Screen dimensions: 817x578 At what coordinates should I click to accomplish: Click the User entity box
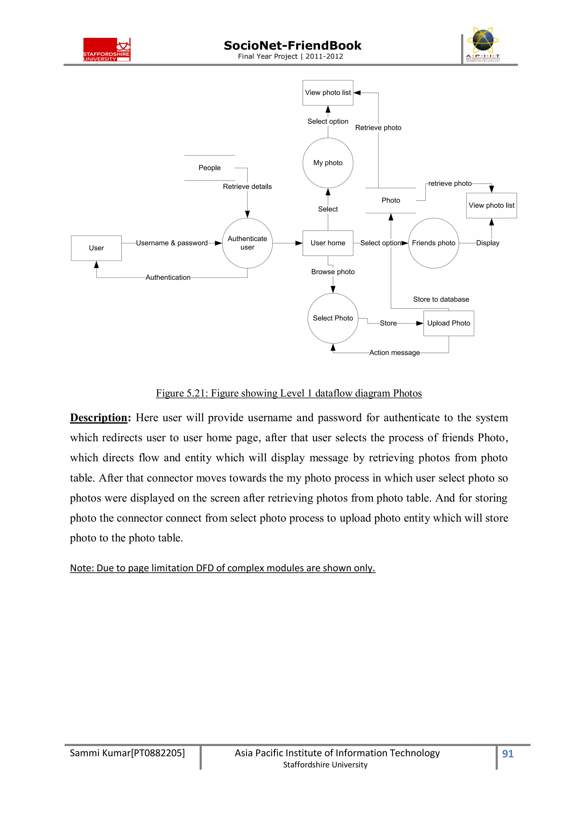96,248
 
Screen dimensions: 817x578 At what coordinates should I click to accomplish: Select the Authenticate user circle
247,243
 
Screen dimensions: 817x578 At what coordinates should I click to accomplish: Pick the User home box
328,243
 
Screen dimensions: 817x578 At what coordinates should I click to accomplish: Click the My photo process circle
328,163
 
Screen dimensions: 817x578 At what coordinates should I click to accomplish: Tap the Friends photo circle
433,243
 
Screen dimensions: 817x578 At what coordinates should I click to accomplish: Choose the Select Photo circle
333,318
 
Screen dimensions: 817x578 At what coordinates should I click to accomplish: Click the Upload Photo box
448,323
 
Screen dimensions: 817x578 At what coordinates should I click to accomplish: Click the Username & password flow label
172,243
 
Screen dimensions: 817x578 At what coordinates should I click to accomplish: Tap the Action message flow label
394,353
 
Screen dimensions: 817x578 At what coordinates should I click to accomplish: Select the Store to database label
441,299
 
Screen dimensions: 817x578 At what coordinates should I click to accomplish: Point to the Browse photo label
333,272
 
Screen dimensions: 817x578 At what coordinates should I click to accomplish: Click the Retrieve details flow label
247,186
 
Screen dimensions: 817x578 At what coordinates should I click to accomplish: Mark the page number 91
507,754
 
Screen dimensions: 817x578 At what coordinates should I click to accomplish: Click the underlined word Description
99,417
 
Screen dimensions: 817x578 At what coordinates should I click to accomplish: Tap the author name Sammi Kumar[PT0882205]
127,753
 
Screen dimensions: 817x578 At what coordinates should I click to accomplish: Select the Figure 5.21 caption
289,393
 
